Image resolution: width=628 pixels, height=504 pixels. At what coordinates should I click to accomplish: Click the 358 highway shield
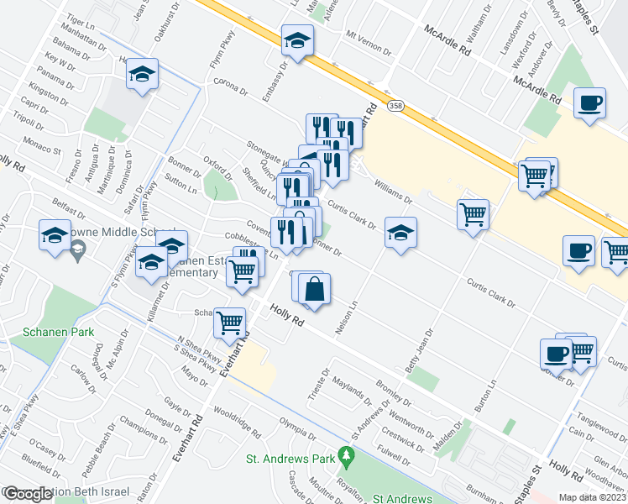tap(395, 105)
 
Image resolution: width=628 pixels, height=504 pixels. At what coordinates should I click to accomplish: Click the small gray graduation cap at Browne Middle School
tap(78, 248)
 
